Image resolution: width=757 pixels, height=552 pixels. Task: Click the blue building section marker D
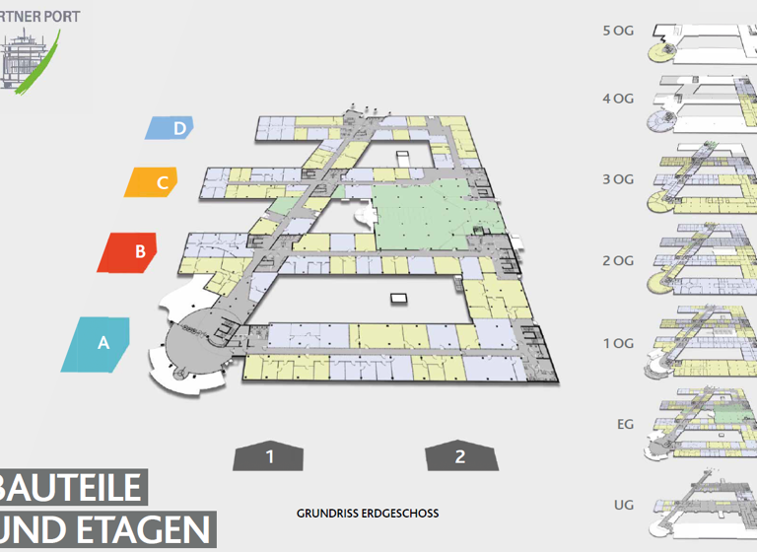click(171, 127)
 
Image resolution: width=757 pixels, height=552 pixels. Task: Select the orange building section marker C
click(157, 181)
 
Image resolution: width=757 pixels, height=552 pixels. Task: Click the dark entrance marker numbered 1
click(268, 456)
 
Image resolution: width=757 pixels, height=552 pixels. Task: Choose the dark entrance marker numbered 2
click(459, 456)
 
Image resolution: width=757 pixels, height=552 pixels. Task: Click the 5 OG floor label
click(618, 31)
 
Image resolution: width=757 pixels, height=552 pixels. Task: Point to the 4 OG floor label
click(618, 98)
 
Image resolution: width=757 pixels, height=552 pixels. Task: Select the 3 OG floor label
click(618, 179)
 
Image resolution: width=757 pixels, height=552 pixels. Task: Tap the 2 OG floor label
click(618, 261)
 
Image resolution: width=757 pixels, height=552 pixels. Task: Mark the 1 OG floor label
click(618, 343)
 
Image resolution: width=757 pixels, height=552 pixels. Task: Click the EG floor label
click(625, 425)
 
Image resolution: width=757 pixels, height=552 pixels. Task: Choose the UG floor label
click(624, 506)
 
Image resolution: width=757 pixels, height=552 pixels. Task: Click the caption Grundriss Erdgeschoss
click(368, 514)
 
